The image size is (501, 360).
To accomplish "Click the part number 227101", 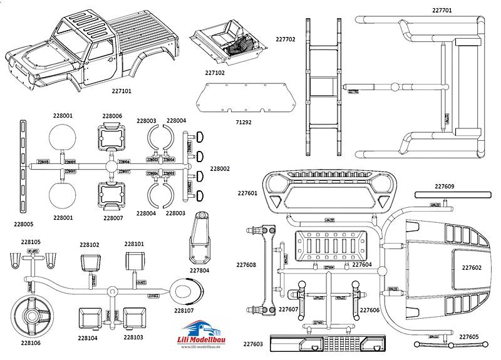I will click(125, 90).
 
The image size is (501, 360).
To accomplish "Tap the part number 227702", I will click(286, 39).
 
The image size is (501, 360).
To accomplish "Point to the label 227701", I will click(442, 10).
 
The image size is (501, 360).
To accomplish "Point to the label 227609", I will click(444, 186).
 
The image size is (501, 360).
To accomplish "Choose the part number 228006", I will click(112, 116).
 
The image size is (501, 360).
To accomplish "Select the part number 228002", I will click(220, 168).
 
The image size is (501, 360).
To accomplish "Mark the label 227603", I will click(252, 344).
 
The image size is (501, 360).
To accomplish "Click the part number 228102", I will click(90, 245).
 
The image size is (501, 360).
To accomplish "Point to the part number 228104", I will click(88, 337).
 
